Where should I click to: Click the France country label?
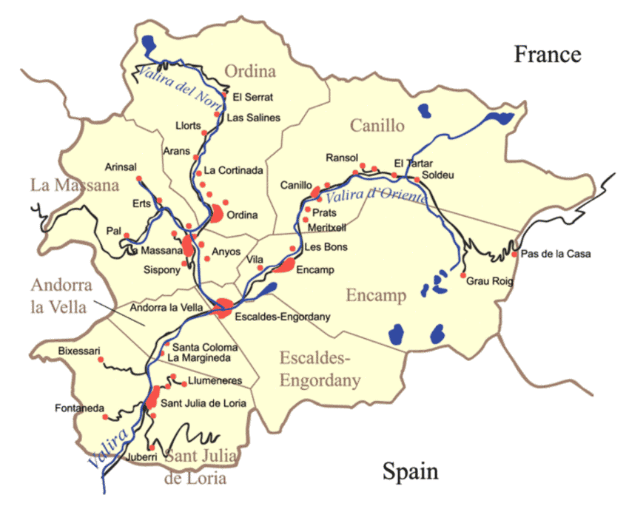pyautogui.click(x=548, y=54)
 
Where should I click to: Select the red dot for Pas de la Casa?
pyautogui.click(x=515, y=255)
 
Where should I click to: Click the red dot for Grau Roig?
pyautogui.click(x=463, y=276)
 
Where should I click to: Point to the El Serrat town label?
pyautogui.click(x=252, y=97)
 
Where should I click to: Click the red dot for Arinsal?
pyautogui.click(x=139, y=179)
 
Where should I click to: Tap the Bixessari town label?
pyautogui.click(x=79, y=350)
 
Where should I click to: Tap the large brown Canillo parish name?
pyautogui.click(x=377, y=126)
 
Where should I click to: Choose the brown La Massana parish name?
pyautogui.click(x=74, y=185)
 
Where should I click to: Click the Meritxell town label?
pyautogui.click(x=326, y=226)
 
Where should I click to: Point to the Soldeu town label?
pyautogui.click(x=437, y=176)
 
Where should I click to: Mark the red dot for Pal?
pyautogui.click(x=127, y=236)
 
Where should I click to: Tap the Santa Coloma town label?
pyautogui.click(x=205, y=347)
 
